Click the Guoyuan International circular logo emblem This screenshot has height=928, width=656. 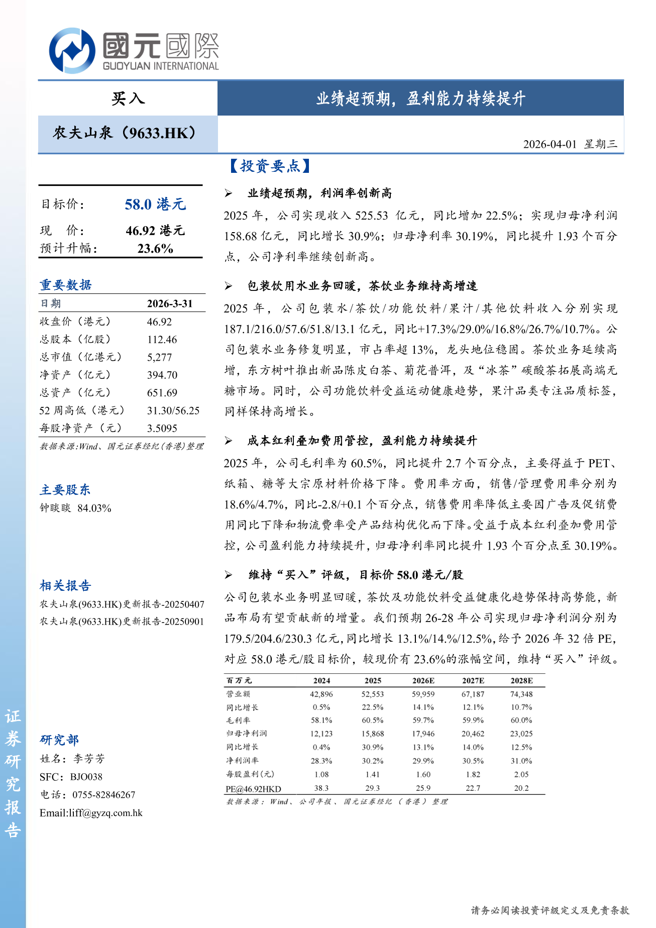[x=72, y=51]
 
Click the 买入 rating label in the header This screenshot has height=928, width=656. [x=128, y=98]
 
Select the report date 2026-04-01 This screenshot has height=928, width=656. [x=550, y=144]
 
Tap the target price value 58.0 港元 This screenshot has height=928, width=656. [x=155, y=204]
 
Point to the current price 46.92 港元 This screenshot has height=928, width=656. [x=155, y=231]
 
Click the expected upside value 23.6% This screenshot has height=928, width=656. [x=155, y=249]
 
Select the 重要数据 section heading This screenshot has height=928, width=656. [x=66, y=285]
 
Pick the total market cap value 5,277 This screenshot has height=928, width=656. [x=159, y=357]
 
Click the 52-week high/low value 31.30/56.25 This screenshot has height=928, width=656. [x=173, y=410]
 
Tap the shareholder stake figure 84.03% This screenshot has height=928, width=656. [x=94, y=508]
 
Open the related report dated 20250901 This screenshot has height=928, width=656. [x=122, y=622]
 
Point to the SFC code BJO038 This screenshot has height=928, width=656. [x=86, y=777]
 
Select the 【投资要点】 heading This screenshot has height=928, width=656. [x=270, y=166]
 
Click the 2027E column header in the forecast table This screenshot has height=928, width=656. [x=473, y=681]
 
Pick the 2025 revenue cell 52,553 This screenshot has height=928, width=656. [x=372, y=694]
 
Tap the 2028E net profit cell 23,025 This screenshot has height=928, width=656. [x=521, y=734]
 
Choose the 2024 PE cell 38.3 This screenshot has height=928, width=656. [x=321, y=788]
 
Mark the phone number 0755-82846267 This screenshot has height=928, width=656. [x=103, y=795]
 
